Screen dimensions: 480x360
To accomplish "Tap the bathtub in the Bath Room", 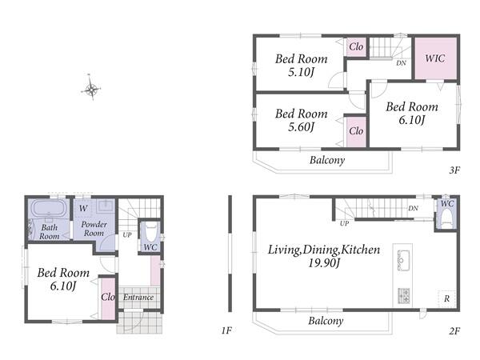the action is (50, 208).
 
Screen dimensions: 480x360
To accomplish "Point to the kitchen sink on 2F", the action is (403, 260).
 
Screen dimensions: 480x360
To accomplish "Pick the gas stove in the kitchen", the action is (403, 296).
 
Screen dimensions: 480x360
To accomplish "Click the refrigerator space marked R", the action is (446, 298).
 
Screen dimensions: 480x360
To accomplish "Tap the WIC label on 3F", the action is (434, 58).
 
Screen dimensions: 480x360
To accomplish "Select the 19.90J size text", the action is (324, 263).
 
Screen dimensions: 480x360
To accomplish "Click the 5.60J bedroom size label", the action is (302, 127).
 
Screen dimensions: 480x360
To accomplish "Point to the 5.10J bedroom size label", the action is (302, 73).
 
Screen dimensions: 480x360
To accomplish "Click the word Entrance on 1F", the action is (138, 298).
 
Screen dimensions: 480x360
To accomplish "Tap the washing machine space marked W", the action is (83, 209).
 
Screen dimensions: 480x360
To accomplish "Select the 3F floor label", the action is (454, 170).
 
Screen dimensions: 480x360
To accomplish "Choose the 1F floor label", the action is (226, 330).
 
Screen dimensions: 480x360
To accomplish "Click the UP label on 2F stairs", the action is (344, 223).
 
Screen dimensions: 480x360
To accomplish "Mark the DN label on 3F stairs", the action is (401, 63).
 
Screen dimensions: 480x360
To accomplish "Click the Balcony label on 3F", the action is (327, 160).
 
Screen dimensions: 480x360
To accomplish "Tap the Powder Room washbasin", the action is (106, 206).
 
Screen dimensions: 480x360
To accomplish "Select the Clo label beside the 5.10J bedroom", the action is (356, 47).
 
